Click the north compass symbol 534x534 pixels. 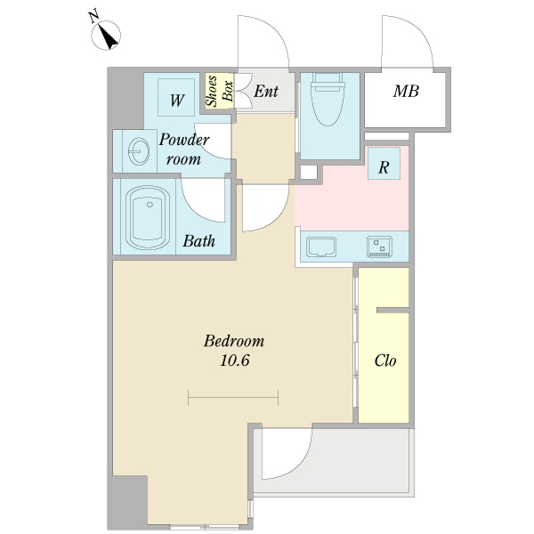[x=106, y=35]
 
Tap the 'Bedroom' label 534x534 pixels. [x=234, y=341]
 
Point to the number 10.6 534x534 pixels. [x=235, y=360]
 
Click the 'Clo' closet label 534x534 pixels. [x=385, y=360]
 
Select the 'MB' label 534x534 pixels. [x=406, y=92]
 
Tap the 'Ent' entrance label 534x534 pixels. [x=266, y=92]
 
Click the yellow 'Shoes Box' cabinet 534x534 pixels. [x=219, y=91]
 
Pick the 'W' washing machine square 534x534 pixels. [x=176, y=97]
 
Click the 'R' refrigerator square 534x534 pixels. [x=384, y=164]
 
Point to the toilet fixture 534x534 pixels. [x=328, y=99]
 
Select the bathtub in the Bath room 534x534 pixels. [x=148, y=217]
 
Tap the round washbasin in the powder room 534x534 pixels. [x=139, y=151]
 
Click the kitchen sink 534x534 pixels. [x=321, y=247]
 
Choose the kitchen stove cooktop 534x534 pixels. [x=379, y=247]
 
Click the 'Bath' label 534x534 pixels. [x=198, y=241]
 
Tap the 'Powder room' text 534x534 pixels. [x=184, y=150]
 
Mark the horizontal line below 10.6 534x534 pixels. [x=233, y=398]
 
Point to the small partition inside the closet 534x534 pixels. [x=392, y=311]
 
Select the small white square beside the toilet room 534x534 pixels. [x=309, y=172]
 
